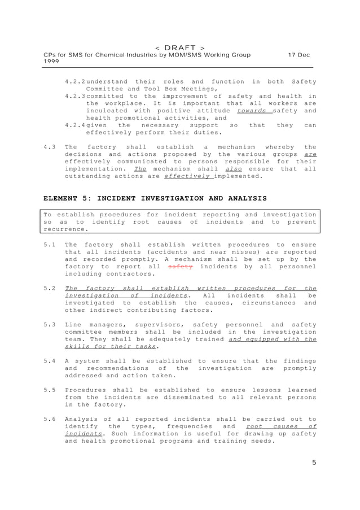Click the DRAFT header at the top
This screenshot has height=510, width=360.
pos(179,47)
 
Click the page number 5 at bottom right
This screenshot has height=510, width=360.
pos(314,463)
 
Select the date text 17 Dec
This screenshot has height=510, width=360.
pos(298,55)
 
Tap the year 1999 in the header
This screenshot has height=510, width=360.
pos(52,62)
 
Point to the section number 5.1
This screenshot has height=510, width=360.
pos(49,245)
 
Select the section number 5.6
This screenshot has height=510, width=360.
pos(49,419)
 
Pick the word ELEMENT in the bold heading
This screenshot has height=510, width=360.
pos(62,199)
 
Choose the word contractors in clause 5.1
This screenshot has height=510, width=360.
pos(130,274)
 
